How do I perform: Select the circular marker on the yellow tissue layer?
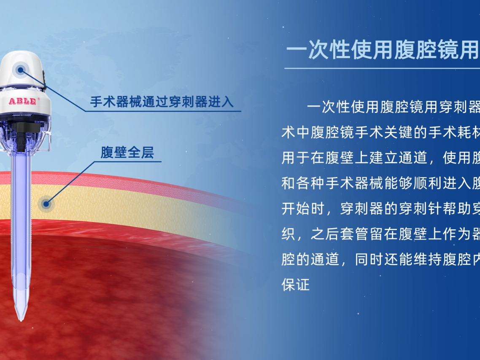[x=46, y=204]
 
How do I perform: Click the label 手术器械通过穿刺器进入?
[x=162, y=102]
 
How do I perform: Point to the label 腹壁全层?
[x=127, y=153]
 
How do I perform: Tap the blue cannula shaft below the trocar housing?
[x=20, y=211]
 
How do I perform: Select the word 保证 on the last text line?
[x=296, y=285]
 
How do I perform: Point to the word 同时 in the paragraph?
[x=369, y=259]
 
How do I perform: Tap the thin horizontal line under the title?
[x=382, y=68]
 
